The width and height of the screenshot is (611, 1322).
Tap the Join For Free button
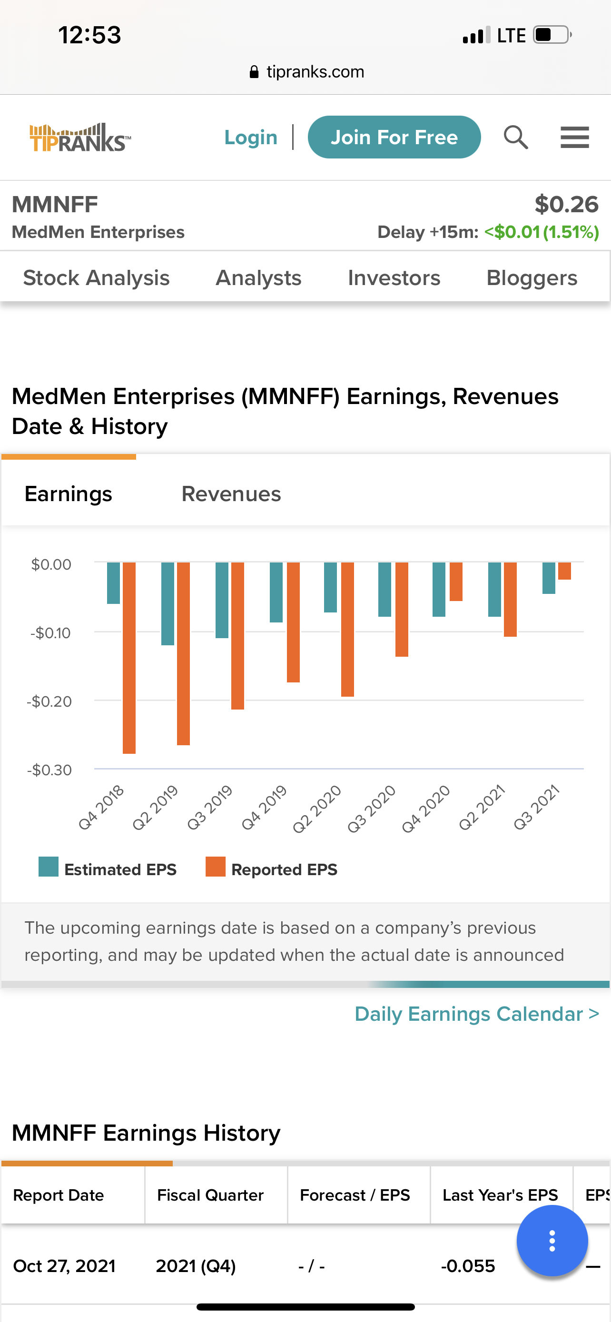394,137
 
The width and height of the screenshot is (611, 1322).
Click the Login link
251,137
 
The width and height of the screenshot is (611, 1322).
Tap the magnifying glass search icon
515,137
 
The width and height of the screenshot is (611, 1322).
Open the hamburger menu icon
574,137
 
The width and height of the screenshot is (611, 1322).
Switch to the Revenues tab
231,493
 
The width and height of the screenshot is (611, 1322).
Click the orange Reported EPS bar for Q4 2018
129,657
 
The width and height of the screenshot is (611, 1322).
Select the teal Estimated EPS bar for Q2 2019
168,603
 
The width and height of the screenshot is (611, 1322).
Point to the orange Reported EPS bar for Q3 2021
564,571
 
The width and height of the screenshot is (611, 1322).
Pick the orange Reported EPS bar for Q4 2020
456,581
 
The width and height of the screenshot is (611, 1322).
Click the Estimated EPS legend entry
108,869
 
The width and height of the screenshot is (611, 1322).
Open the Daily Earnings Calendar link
477,1014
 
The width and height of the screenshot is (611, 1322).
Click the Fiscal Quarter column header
210,1195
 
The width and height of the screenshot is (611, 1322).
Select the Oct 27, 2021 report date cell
64,1266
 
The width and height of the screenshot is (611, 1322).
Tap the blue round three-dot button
552,1241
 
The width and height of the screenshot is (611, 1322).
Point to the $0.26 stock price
566,204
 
